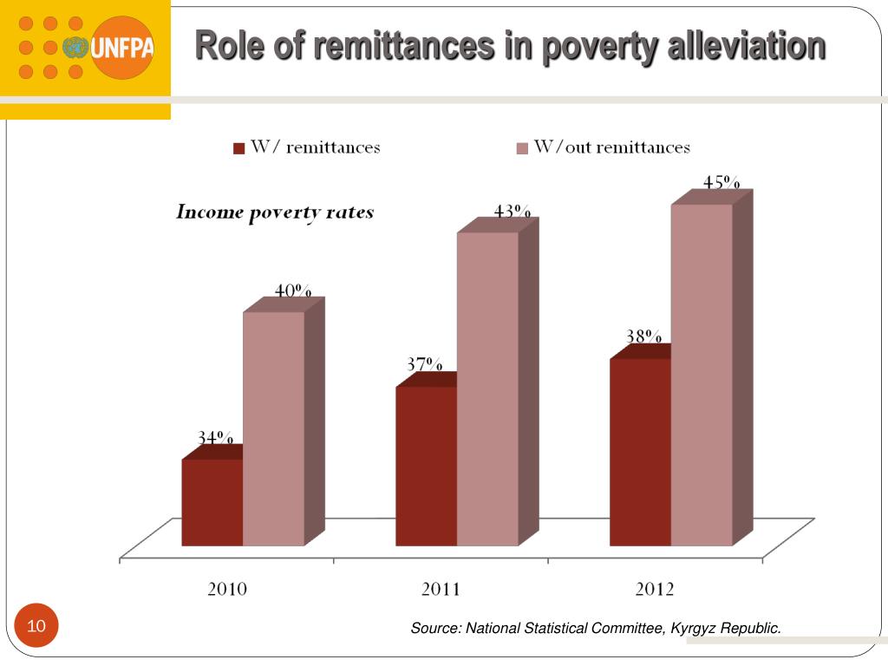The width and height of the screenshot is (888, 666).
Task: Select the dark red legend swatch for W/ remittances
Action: [239, 148]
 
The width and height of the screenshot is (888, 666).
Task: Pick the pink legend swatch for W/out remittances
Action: [522, 148]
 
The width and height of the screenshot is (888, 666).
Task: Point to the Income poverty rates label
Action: [275, 212]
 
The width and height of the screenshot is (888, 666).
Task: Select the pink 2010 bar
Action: [273, 428]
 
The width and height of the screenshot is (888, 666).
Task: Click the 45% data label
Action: [721, 183]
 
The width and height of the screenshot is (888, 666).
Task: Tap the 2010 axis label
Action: [227, 590]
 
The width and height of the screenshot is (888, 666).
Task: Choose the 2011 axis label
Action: [441, 590]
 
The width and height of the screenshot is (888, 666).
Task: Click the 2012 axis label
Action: [655, 590]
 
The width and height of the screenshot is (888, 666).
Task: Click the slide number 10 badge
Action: [36, 626]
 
